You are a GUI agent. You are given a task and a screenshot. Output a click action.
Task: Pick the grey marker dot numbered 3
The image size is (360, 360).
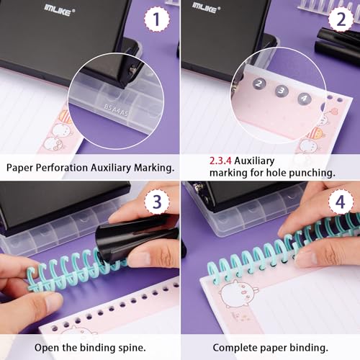pyautogui.click(x=282, y=91)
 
